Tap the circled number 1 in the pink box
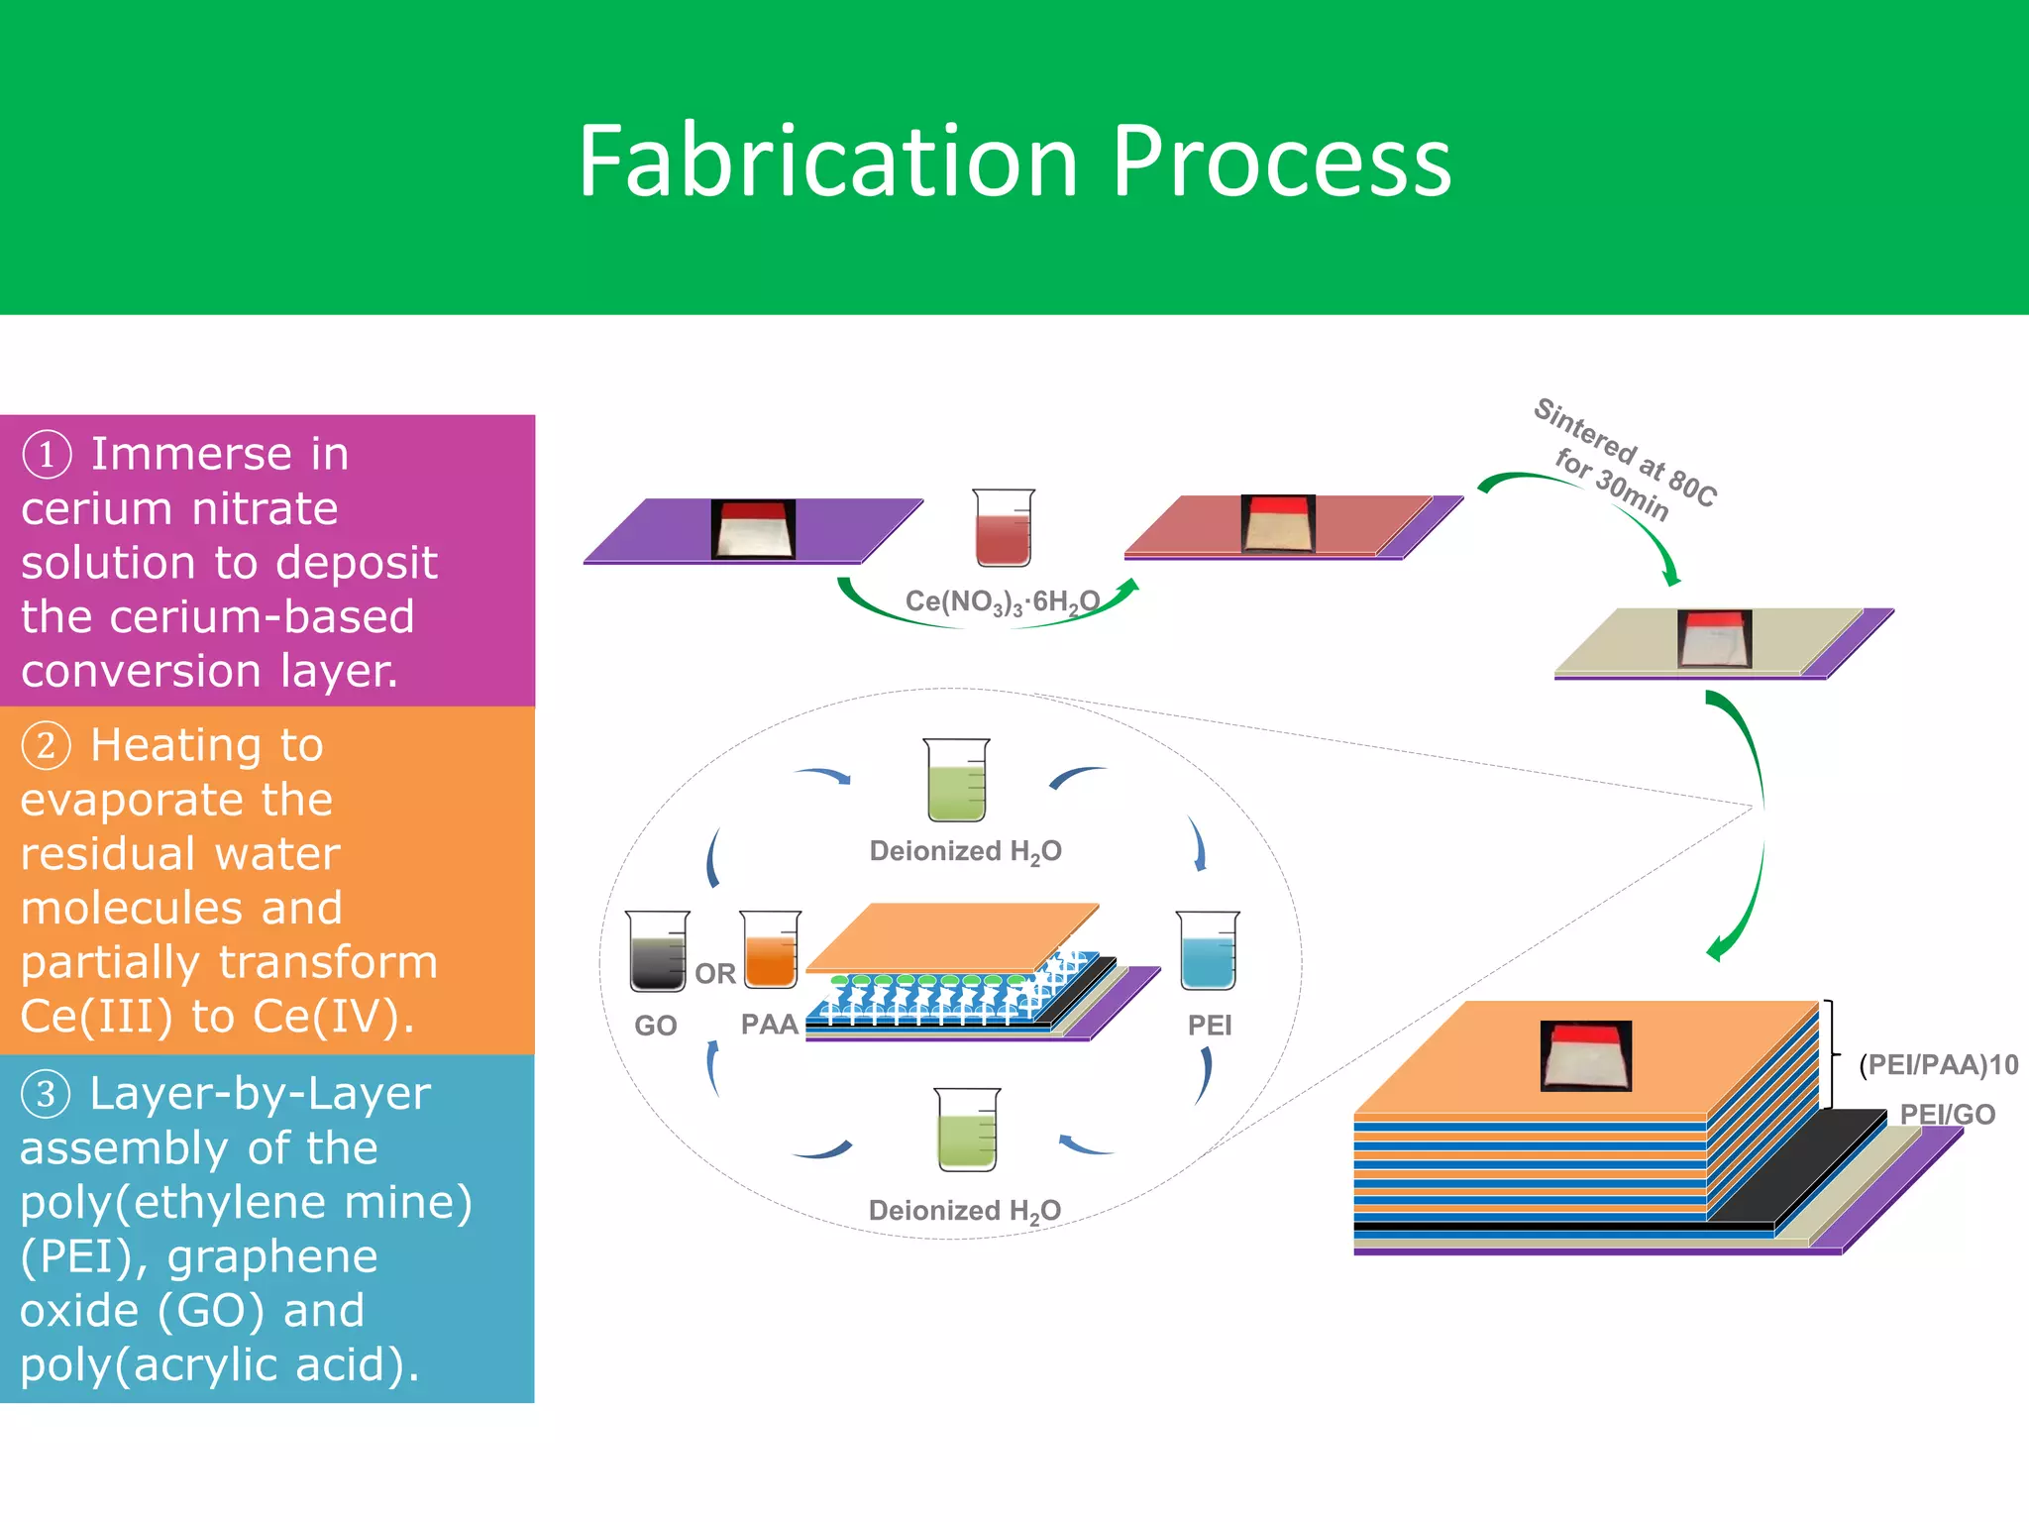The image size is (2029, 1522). (x=47, y=455)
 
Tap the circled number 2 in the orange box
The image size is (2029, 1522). (x=47, y=745)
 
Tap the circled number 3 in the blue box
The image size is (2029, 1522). (x=47, y=1094)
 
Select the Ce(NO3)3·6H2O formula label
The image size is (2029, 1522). (x=1002, y=601)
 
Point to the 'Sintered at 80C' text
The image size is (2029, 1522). (x=1625, y=451)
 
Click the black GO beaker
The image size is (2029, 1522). (x=657, y=951)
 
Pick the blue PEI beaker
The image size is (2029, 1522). (x=1208, y=951)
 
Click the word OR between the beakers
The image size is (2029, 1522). (x=715, y=974)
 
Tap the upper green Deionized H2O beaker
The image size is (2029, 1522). (x=956, y=781)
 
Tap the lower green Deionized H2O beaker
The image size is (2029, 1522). (x=967, y=1131)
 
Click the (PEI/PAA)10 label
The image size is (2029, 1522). (x=1938, y=1065)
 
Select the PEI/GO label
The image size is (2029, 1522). (x=1947, y=1115)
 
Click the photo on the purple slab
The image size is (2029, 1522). (x=753, y=529)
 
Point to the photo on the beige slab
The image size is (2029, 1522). (x=1714, y=639)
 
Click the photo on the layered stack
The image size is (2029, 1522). (x=1585, y=1056)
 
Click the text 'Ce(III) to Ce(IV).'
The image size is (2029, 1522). (x=217, y=1017)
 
